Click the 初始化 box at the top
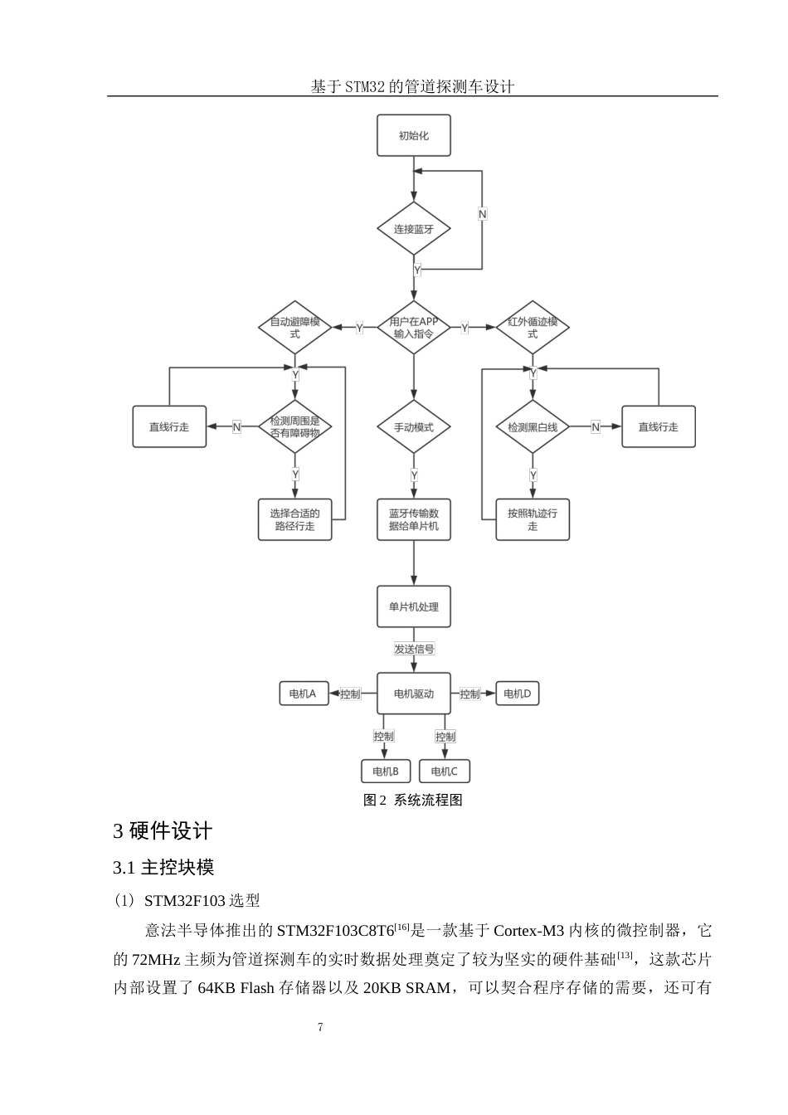coord(413,135)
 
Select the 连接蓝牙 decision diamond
coord(413,229)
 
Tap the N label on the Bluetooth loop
coord(483,214)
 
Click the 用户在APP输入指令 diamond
coord(413,328)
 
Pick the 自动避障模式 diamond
coord(295,328)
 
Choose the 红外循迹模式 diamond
coord(533,328)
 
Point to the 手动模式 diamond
coord(413,427)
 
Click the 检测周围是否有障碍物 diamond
coord(295,427)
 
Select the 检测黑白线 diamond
coord(533,427)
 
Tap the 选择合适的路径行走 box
coord(295,520)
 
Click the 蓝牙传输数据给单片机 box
coord(413,520)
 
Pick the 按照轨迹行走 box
coord(533,520)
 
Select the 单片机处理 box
coord(413,607)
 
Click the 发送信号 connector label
coord(414,649)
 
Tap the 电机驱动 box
coord(413,694)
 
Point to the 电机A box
coord(304,694)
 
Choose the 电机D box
coord(517,694)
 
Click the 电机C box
coord(444,772)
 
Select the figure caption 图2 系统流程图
coord(413,801)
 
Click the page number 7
coord(321,1027)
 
